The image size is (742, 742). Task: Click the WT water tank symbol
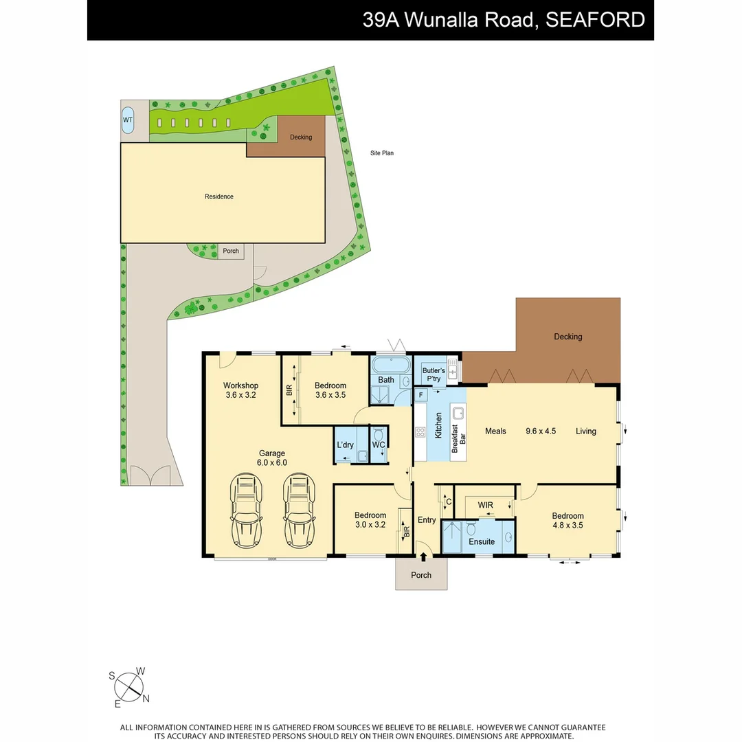pos(128,120)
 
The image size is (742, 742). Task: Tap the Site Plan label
pos(382,153)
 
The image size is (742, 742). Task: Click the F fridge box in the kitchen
pos(420,395)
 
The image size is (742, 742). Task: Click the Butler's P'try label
pos(434,374)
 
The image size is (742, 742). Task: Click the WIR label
pos(486,505)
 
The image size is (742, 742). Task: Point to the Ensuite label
pos(482,541)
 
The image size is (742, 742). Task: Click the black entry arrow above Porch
pos(423,557)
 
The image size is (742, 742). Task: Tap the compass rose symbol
pos(128,686)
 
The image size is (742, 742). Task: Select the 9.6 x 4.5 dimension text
pos(541,431)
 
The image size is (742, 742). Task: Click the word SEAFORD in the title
pos(595,20)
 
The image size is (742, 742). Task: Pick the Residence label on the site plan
pos(219,196)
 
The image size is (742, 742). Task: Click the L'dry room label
pos(345,445)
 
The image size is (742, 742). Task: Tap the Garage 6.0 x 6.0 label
pos(273,458)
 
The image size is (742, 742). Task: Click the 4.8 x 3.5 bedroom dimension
pos(567,526)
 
